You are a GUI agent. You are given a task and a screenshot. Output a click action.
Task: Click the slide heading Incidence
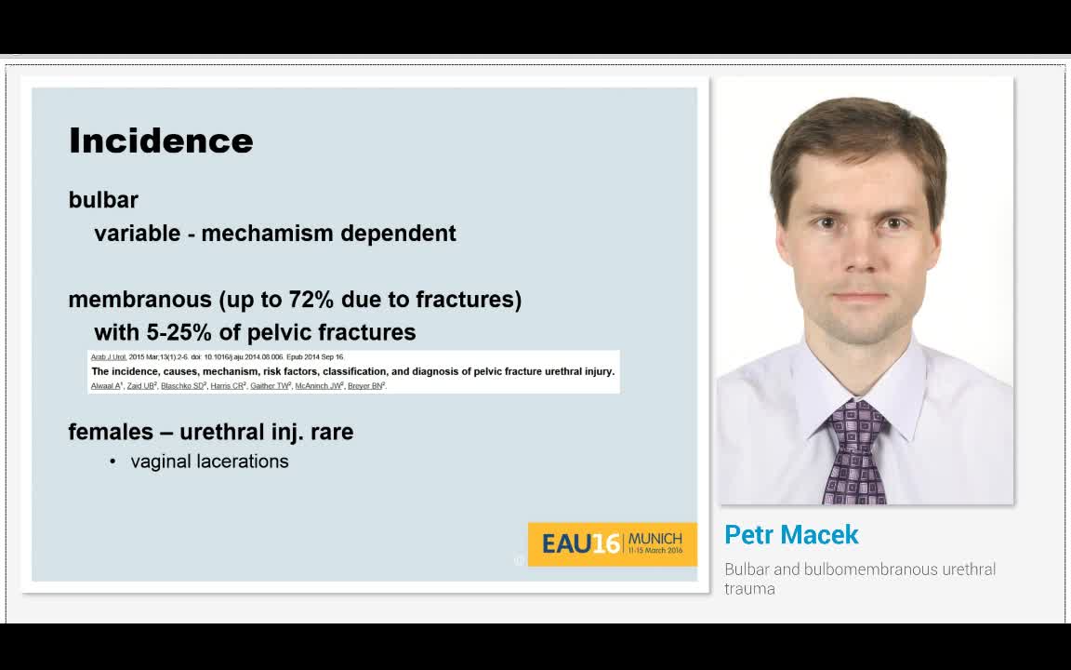pyautogui.click(x=161, y=141)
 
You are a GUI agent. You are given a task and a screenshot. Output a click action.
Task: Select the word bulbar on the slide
pyautogui.click(x=103, y=200)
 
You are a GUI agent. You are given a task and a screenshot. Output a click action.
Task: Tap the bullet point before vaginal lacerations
pyautogui.click(x=112, y=462)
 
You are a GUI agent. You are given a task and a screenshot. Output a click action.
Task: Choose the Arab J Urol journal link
pyautogui.click(x=108, y=357)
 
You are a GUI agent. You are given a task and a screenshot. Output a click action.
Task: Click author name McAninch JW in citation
pyautogui.click(x=318, y=385)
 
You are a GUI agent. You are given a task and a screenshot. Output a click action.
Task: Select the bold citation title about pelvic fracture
pyautogui.click(x=352, y=371)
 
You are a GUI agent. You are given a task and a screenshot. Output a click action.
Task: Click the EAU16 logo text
pyautogui.click(x=580, y=543)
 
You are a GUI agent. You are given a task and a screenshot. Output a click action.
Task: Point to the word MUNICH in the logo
pyautogui.click(x=655, y=539)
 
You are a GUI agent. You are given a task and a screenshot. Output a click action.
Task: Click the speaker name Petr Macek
pyautogui.click(x=791, y=535)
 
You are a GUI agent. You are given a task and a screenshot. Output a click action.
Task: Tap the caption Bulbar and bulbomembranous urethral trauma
pyautogui.click(x=860, y=578)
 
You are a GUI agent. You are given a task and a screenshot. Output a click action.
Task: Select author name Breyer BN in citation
pyautogui.click(x=366, y=385)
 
